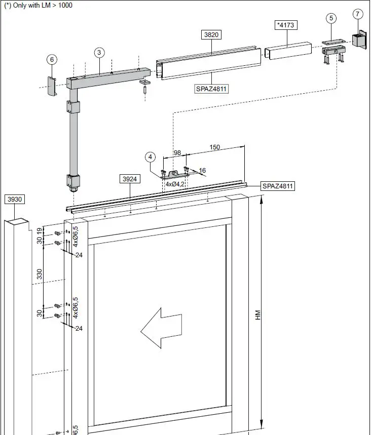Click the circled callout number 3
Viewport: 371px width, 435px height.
point(99,53)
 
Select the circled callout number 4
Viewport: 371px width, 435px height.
point(151,157)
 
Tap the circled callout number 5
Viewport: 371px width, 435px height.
point(331,18)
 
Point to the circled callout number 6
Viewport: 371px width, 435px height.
point(52,60)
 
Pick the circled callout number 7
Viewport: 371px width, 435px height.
point(358,13)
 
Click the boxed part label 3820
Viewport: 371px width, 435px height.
point(211,35)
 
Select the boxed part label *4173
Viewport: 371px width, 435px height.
point(285,24)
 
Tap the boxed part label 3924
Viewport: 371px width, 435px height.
point(130,179)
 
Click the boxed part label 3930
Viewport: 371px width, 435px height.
point(15,200)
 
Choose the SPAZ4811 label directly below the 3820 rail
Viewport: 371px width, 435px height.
point(211,89)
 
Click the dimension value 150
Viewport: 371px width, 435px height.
point(214,147)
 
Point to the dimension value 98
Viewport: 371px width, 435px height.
point(177,152)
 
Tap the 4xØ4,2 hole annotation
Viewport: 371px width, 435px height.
point(175,184)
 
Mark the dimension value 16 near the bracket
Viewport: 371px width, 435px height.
point(202,171)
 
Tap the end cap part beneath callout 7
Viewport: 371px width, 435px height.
point(359,39)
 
